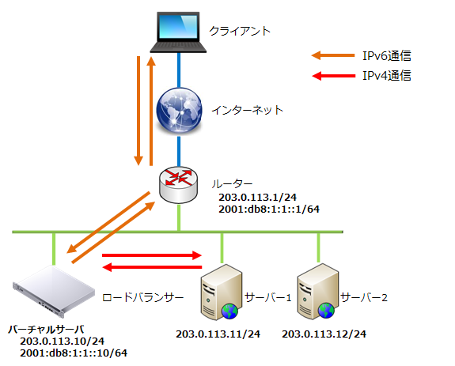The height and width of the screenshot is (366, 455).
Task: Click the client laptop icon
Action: point(178,32)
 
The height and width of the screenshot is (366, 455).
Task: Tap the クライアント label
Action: point(240,31)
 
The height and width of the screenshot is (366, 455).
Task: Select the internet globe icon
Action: point(179,110)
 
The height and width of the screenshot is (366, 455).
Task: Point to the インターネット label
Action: point(247,110)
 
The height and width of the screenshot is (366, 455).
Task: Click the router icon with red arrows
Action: point(179,185)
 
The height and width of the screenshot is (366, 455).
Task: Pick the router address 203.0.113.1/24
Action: point(257,198)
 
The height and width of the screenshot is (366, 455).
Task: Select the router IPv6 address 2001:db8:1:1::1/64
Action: point(269,209)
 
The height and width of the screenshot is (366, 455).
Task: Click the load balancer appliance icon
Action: point(54,291)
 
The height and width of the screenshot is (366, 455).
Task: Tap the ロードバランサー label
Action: point(143,297)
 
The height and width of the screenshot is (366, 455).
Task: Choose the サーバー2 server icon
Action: point(318,292)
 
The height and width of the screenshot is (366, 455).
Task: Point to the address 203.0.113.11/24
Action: point(218,334)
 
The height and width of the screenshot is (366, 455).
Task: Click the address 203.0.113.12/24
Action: point(324,334)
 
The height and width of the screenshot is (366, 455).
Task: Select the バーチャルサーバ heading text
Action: point(46,330)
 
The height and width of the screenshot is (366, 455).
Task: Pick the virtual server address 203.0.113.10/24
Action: point(62,341)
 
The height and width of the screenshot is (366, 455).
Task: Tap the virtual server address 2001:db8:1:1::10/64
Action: point(74,353)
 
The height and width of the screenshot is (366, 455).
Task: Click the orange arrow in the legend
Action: point(333,55)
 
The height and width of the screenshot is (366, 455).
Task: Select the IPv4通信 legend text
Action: point(387,76)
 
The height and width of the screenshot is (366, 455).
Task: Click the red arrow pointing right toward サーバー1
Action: point(152,255)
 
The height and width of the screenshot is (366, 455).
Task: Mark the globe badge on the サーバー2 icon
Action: point(327,311)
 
